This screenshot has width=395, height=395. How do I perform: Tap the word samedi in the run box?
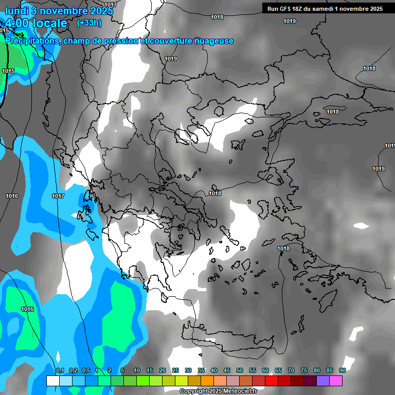tap(322, 9)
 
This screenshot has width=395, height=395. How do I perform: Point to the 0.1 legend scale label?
tap(60, 371)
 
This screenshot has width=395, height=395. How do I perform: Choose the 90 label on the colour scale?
tap(342, 371)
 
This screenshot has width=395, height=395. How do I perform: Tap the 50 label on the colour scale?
tap(240, 371)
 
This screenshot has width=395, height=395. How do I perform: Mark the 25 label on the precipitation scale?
tap(175, 371)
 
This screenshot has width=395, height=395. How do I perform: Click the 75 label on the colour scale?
tap(303, 371)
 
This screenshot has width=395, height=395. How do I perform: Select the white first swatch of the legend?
tap(52, 381)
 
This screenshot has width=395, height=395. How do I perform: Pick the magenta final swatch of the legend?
tap(335, 381)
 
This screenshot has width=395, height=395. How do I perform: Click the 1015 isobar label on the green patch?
tap(8, 71)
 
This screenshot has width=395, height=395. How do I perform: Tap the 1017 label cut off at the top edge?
tap(111, 5)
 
